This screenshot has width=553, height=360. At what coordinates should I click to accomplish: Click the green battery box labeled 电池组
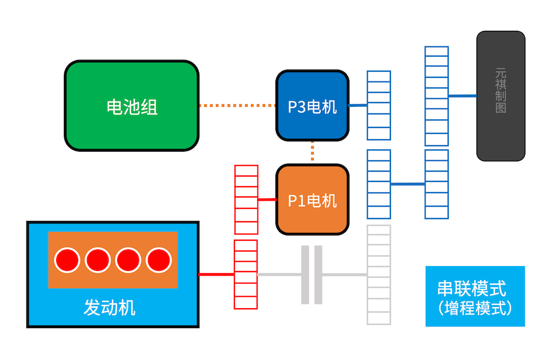pos(131,106)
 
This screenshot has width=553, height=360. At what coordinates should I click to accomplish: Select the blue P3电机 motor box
pos(312,106)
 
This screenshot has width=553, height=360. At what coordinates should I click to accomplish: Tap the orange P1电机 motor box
pos(312,200)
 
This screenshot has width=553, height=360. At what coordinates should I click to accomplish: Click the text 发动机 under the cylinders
pos(109,308)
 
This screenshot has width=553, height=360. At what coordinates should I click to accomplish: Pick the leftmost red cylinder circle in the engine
pos(68,260)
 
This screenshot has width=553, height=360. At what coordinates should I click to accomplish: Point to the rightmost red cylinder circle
pos(158,260)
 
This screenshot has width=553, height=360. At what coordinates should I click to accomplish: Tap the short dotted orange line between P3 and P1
pos(313,152)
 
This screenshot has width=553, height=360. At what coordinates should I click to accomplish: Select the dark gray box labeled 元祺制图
pos(501,96)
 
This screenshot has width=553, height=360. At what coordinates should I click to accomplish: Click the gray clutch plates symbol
pos(312,275)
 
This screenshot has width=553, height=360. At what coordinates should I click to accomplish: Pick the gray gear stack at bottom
pos(379,275)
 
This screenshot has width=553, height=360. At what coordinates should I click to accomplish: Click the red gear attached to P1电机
pos(246,200)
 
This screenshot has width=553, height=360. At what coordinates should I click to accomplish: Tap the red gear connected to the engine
pos(245,275)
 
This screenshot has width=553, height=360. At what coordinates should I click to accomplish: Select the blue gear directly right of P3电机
pos(379,106)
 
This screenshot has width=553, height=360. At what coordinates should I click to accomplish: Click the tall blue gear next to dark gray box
pos(436,96)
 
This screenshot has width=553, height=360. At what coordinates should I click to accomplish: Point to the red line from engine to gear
pos(216,275)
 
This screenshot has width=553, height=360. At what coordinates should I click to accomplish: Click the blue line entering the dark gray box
pos(462,96)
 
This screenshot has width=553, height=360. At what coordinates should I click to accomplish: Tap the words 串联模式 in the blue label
pos(471,288)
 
